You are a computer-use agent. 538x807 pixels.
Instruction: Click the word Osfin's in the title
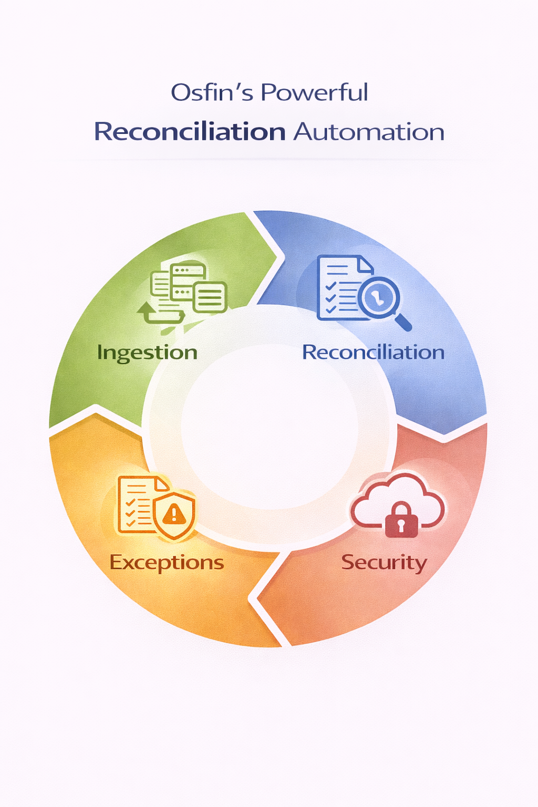[212, 93]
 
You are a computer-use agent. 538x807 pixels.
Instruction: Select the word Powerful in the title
[314, 93]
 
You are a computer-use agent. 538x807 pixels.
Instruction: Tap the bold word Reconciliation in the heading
[190, 131]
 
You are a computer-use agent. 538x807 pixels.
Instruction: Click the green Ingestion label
[147, 353]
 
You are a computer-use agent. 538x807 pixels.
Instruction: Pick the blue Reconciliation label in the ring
[373, 352]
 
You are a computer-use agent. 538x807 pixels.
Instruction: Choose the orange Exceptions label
[167, 562]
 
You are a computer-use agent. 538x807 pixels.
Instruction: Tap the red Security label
[384, 562]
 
